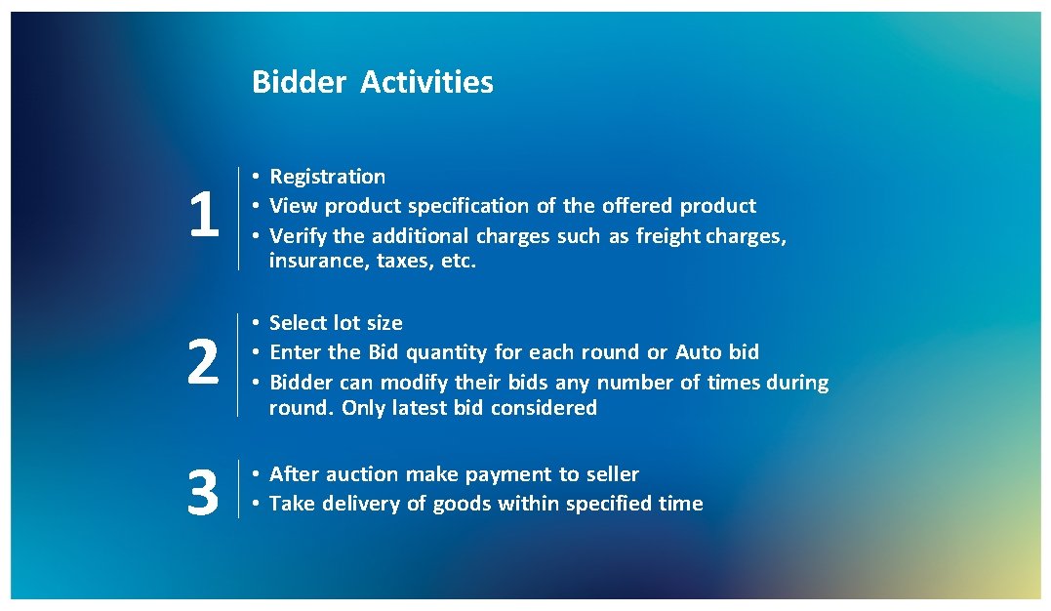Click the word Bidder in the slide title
click(x=299, y=82)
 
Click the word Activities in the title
click(x=426, y=82)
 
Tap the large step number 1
click(x=203, y=216)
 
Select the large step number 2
click(x=202, y=363)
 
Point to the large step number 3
click(x=202, y=492)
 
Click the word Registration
click(x=327, y=177)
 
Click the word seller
click(x=612, y=474)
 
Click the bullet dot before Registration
click(x=253, y=177)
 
